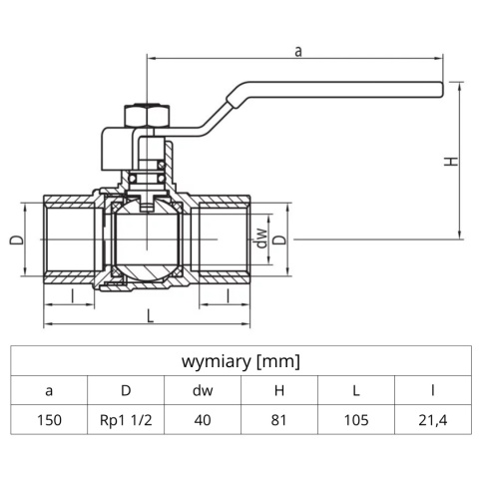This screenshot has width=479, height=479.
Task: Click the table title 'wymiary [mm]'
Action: point(240,361)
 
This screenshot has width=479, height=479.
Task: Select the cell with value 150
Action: point(49,420)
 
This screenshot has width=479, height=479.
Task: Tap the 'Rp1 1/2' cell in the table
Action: point(126,420)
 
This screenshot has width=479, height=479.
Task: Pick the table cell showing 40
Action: point(203,420)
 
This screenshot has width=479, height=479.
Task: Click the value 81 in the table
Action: point(279,420)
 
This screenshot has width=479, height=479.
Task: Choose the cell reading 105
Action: point(356,420)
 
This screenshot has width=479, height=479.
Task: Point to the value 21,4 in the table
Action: point(433,420)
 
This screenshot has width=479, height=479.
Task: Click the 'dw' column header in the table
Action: point(203,391)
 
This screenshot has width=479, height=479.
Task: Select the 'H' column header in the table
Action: point(279,391)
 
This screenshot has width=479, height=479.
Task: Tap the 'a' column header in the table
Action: point(49,391)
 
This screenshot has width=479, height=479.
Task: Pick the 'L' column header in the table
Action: point(356,391)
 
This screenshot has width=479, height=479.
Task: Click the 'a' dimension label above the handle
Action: point(298,50)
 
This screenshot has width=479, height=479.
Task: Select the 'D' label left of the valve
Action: point(15,240)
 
